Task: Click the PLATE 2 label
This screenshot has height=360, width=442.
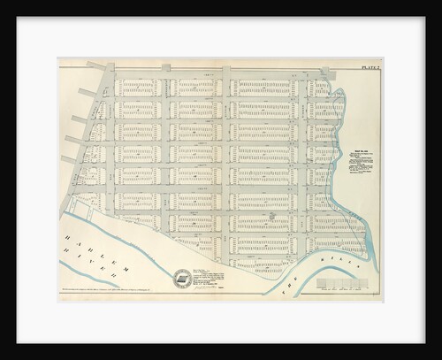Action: pyautogui.click(x=369, y=67)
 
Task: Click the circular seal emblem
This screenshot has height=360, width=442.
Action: pyautogui.click(x=182, y=279)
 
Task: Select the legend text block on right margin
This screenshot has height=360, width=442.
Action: pyautogui.click(x=360, y=165)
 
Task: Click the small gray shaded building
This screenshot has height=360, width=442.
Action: pyautogui.click(x=271, y=214)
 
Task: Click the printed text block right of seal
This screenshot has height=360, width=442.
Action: pyautogui.click(x=212, y=275)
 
